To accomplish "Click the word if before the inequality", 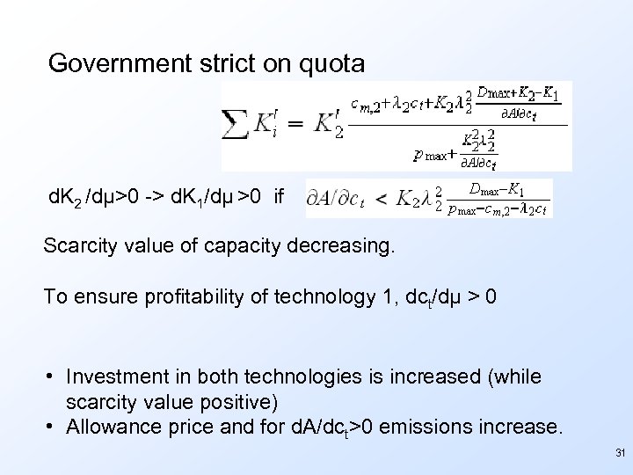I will [280, 197].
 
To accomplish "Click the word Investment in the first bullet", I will [112, 376].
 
